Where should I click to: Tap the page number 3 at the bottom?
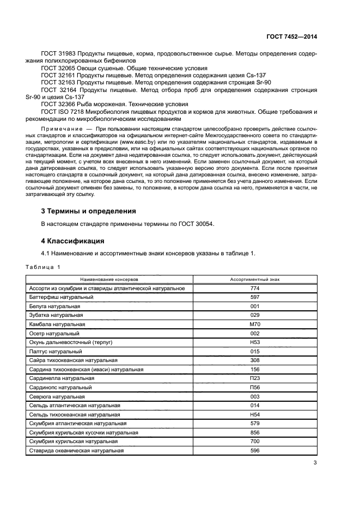tap(315, 463)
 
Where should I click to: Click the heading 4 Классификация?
tap(72, 240)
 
